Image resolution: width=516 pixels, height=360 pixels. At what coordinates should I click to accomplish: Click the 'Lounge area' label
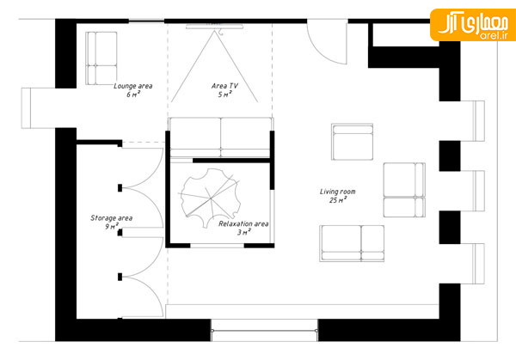133,86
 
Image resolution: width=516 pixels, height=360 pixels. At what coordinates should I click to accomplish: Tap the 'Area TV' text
224,86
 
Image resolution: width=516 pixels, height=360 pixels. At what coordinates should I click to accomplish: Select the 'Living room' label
338,192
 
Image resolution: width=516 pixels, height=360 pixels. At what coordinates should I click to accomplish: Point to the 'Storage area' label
112,218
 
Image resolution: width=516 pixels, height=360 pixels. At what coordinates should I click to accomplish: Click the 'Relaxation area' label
243,224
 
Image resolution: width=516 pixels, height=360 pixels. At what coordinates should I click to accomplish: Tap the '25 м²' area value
338,200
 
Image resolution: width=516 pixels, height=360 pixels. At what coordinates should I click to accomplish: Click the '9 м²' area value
112,226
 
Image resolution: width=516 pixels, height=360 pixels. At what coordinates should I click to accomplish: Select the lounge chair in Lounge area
101,58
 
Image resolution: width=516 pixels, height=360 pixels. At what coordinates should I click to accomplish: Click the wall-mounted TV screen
214,27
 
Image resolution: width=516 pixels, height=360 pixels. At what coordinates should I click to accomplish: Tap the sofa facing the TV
220,137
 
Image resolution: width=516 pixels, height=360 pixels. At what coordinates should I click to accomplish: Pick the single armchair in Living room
352,142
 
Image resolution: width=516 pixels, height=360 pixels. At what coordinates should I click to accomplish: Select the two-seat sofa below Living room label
352,243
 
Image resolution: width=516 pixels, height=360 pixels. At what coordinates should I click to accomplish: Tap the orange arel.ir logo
473,25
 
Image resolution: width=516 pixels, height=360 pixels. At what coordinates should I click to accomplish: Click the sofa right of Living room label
404,190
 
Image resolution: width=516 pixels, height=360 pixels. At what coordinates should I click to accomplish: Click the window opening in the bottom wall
265,330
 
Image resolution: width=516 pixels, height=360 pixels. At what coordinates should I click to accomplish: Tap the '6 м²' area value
133,95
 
